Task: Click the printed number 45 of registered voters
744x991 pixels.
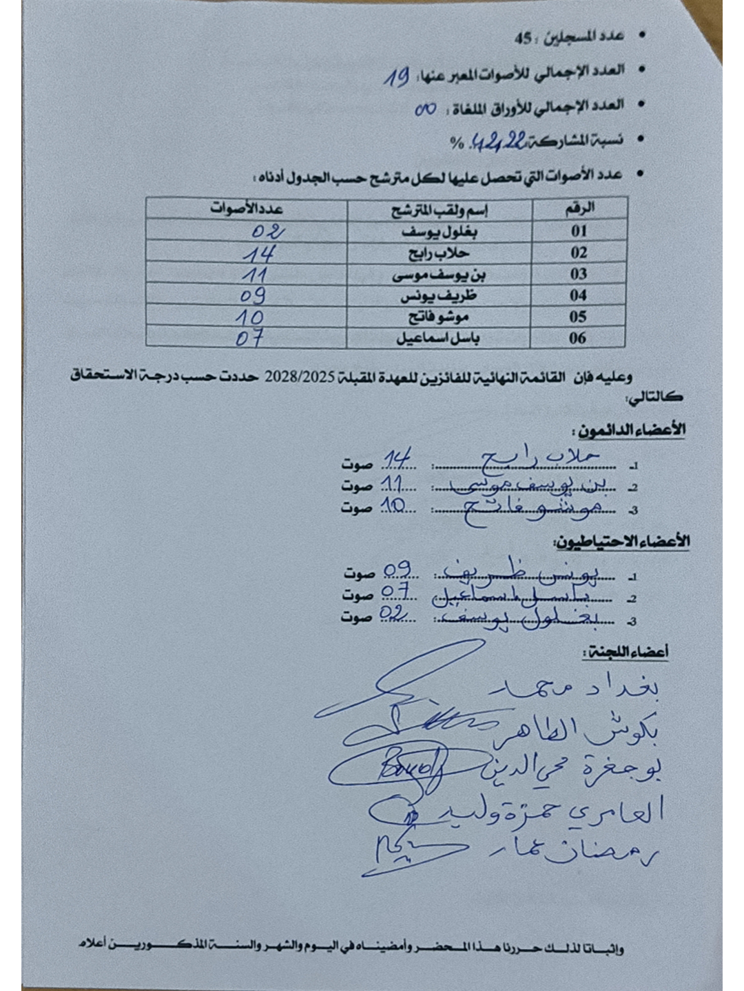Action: coord(524,38)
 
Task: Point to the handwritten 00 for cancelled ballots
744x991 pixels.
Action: coord(426,109)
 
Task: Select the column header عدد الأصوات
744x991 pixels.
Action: coord(246,209)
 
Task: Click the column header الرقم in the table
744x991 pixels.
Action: coord(579,208)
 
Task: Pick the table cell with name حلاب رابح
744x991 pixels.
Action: coord(439,253)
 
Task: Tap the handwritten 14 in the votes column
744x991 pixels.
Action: coord(258,254)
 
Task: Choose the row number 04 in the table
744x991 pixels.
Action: coord(579,295)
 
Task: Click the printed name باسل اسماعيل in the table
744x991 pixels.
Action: coord(438,338)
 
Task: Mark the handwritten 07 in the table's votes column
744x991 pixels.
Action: coord(249,338)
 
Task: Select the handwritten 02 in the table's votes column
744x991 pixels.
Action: coord(267,231)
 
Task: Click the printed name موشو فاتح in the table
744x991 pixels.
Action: coord(439,317)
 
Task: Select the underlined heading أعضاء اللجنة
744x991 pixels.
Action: coord(626,652)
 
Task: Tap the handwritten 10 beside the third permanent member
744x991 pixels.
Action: coord(395,507)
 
